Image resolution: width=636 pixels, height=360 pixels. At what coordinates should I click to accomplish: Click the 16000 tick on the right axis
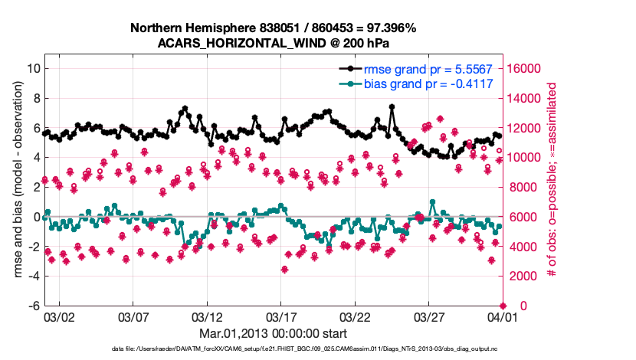524,68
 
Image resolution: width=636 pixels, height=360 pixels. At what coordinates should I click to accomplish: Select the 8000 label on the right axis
521,187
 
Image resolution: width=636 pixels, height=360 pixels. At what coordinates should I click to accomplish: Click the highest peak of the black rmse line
392,107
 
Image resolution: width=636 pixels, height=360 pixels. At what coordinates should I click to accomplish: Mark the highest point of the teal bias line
433,202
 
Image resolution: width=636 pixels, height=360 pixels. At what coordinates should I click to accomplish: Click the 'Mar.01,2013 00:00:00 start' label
273,333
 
